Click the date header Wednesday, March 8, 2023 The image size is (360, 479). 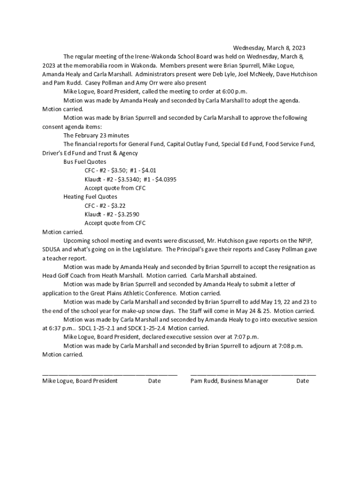click(x=269, y=48)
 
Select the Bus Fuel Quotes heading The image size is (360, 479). click(x=85, y=162)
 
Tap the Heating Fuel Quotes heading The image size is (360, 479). click(x=90, y=197)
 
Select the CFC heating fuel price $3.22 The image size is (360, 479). click(x=118, y=206)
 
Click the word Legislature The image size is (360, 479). click(x=146, y=249)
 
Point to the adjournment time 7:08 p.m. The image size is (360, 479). click(x=290, y=346)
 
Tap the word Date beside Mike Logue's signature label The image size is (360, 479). click(x=154, y=381)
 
